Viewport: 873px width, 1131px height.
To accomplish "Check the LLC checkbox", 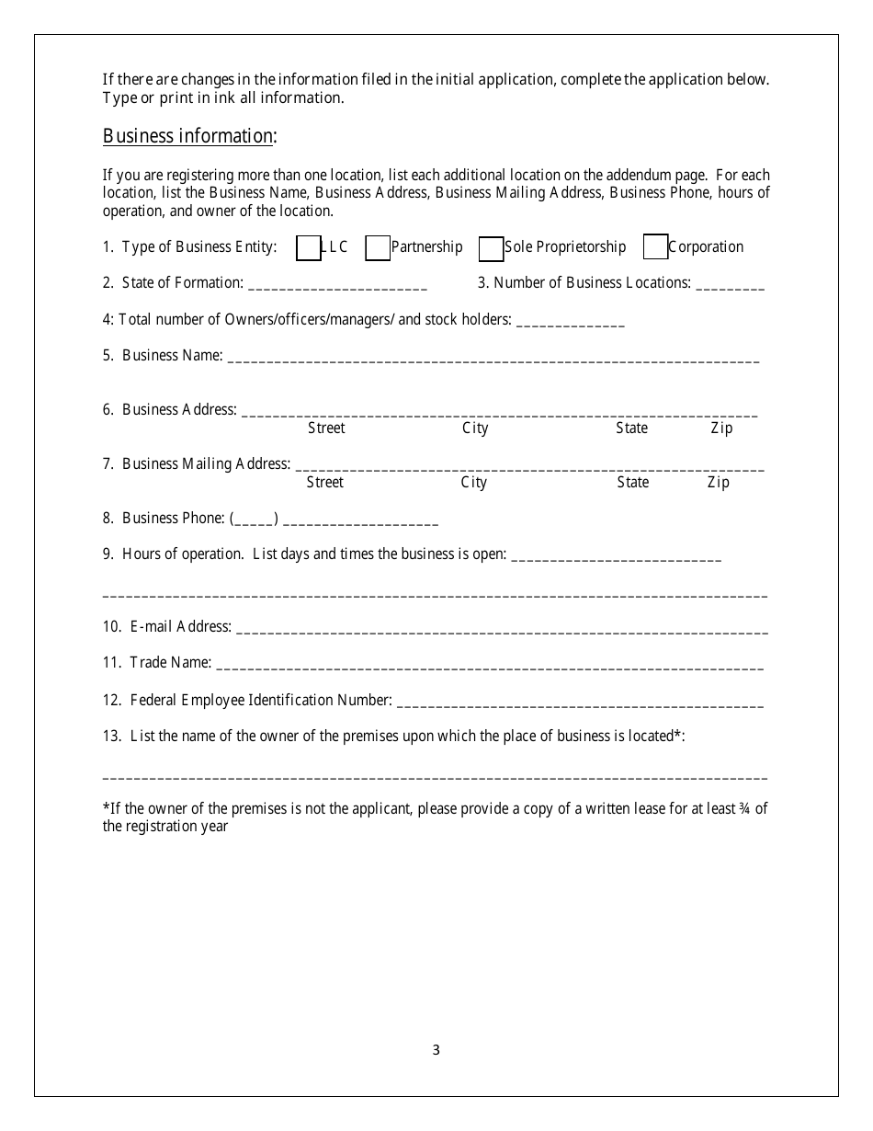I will coord(309,248).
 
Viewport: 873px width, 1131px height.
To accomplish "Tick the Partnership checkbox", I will coord(378,248).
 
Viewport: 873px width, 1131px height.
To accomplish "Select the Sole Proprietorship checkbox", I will coord(492,248).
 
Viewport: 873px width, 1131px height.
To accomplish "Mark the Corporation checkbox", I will coord(655,248).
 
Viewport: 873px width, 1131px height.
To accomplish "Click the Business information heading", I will coord(189,137).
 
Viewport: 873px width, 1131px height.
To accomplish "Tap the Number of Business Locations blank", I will coord(730,285).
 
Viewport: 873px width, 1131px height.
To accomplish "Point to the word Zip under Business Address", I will coord(721,428).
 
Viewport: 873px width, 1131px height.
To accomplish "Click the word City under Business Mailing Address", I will coord(474,483).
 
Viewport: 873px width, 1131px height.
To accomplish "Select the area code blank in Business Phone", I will coord(254,520).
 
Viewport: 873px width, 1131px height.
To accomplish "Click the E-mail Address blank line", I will coord(501,630).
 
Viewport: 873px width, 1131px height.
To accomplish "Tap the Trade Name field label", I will coord(170,663).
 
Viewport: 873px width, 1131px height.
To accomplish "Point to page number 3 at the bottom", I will coord(436,1050).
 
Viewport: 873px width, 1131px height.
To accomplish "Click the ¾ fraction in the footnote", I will coord(744,809).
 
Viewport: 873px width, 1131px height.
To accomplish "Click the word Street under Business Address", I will coord(326,428).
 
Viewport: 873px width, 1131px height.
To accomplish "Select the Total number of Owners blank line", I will coord(570,323).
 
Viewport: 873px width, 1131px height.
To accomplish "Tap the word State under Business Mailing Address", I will coord(632,483).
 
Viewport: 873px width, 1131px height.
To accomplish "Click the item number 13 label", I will coord(112,736).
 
